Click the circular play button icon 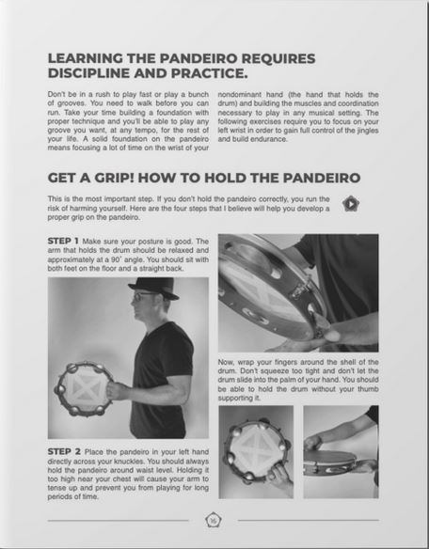[x=350, y=203]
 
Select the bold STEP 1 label [x=69, y=241]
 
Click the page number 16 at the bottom [x=213, y=518]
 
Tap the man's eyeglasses [x=141, y=298]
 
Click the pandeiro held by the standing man [x=84, y=387]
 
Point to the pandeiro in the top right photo [x=268, y=287]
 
